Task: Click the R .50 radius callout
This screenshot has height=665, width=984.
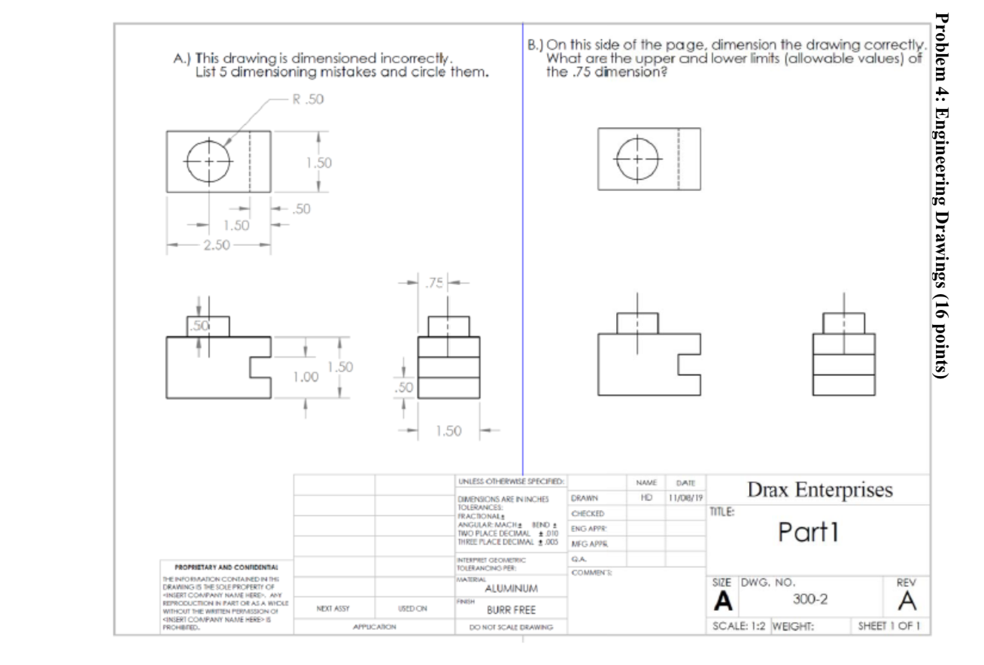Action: click(x=308, y=99)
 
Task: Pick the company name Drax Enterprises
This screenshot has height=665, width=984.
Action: click(x=819, y=490)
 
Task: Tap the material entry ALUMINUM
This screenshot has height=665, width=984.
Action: click(x=511, y=589)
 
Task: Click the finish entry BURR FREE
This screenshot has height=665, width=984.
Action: click(x=511, y=610)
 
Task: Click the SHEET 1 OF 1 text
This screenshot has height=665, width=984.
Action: click(x=891, y=626)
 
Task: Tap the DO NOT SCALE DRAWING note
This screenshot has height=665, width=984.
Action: click(x=511, y=627)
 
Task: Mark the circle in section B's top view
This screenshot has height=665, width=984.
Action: click(x=637, y=160)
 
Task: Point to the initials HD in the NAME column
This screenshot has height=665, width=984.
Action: click(x=638, y=498)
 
